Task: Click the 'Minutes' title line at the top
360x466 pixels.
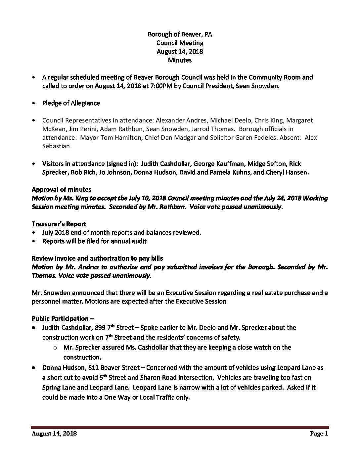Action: [180, 60]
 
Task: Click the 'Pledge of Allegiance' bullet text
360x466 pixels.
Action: [71, 103]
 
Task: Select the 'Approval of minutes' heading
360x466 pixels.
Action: [62, 190]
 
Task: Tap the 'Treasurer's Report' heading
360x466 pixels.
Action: [59, 224]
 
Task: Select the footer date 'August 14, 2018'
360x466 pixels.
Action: [54, 434]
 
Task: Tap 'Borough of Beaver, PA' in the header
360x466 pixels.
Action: [180, 34]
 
